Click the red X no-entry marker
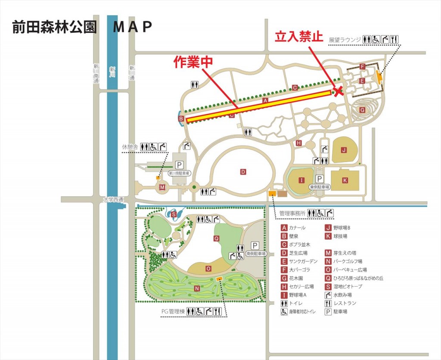[x=339, y=91]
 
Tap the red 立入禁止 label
[x=299, y=37]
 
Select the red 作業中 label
[x=193, y=62]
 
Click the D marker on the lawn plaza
[x=243, y=172]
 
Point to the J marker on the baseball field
[x=344, y=150]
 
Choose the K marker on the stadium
[x=345, y=179]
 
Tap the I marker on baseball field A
[x=301, y=180]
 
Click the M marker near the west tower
[x=162, y=187]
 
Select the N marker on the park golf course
[x=196, y=288]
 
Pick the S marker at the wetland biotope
[x=174, y=214]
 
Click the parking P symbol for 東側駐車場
[x=319, y=178]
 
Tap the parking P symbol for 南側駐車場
[x=255, y=245]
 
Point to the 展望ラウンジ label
[x=344, y=40]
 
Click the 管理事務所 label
[x=292, y=213]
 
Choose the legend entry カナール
[x=298, y=228]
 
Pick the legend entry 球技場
[x=340, y=236]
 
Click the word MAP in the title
[x=132, y=27]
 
